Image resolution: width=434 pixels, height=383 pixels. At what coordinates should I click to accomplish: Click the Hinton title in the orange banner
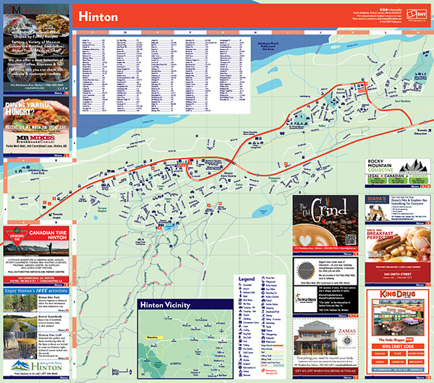point(94,16)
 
